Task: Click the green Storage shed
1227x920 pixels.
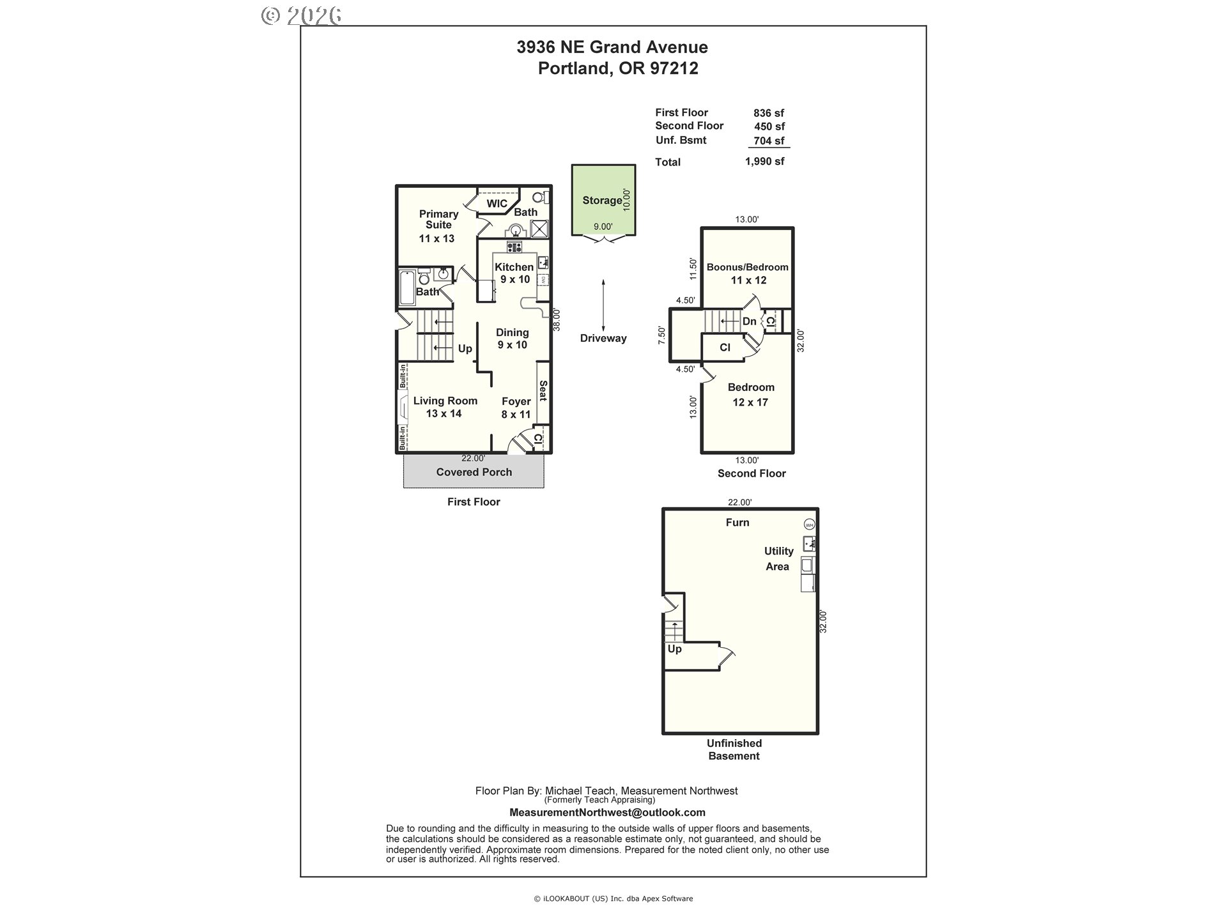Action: (603, 200)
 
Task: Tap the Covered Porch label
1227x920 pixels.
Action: (474, 472)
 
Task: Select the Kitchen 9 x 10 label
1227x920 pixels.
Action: (514, 273)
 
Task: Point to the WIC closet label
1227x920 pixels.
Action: (497, 204)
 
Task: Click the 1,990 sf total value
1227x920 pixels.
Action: (765, 162)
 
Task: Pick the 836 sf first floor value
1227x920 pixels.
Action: (769, 113)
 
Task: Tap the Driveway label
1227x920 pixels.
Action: (603, 339)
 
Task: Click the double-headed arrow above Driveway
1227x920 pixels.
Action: (603, 304)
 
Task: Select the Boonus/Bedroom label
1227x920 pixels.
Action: (748, 267)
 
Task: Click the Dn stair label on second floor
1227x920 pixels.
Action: (750, 321)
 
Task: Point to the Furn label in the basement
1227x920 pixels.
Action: (737, 523)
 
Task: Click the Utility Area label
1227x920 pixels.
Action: (778, 558)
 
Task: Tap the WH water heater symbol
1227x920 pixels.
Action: (810, 525)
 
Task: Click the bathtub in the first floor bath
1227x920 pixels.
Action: (406, 288)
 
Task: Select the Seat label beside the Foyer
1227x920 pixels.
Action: (543, 391)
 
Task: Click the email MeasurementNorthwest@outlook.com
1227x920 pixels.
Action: (607, 813)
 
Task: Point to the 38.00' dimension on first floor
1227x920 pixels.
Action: (557, 320)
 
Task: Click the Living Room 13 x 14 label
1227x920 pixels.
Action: (445, 407)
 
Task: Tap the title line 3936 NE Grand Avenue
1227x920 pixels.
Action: (612, 47)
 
